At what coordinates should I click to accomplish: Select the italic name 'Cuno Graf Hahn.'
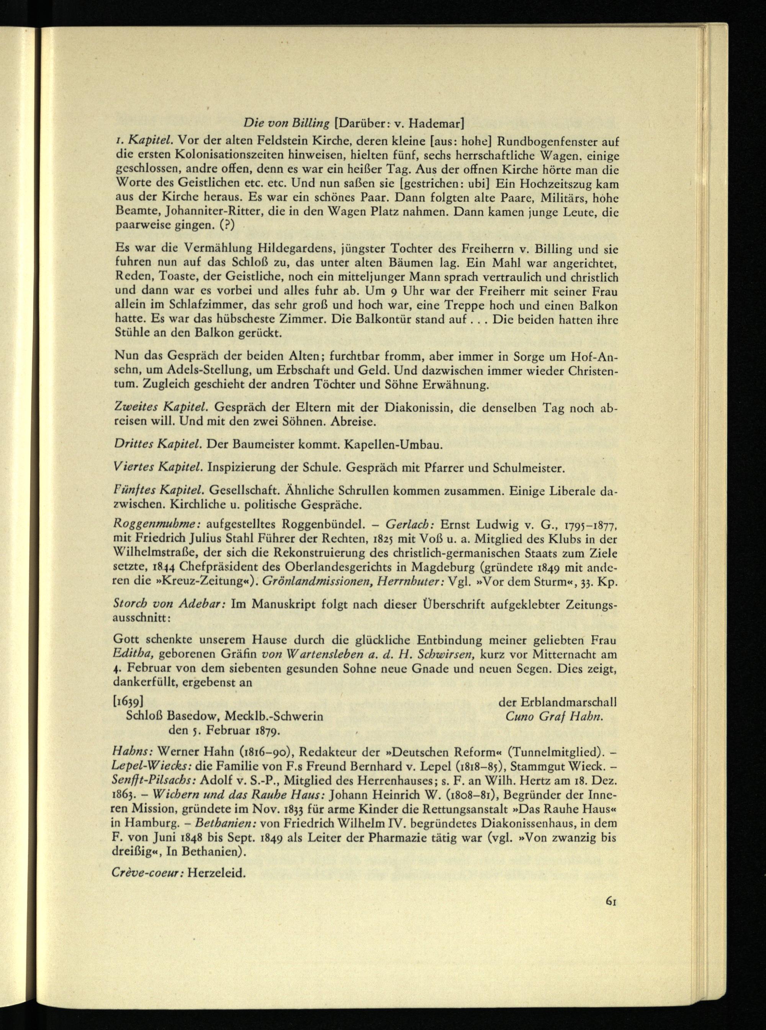pyautogui.click(x=555, y=716)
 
